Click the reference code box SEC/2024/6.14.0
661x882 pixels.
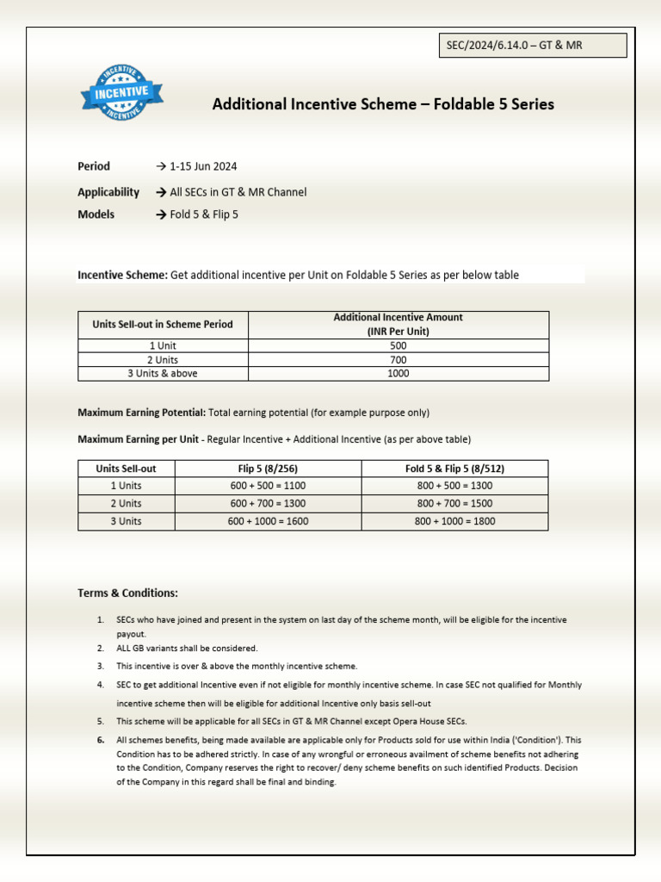click(x=532, y=45)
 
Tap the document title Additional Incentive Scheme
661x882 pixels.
click(x=383, y=104)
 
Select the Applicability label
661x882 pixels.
click(x=108, y=192)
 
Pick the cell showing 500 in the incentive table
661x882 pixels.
click(x=398, y=345)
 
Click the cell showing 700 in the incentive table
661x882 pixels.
click(x=398, y=359)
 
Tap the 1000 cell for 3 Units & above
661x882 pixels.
click(x=398, y=374)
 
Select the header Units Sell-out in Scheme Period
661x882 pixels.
click(x=163, y=325)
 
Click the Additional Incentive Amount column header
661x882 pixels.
click(x=398, y=324)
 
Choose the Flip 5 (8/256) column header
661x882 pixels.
click(x=268, y=469)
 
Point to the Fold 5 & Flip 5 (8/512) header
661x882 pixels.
click(x=454, y=469)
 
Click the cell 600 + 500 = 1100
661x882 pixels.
click(x=268, y=486)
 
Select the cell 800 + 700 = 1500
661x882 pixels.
click(x=454, y=503)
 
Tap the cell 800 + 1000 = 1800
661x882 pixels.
click(x=454, y=521)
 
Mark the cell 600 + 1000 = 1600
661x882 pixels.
click(x=268, y=521)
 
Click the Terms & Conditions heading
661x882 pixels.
click(x=127, y=593)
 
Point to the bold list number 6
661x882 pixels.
click(x=101, y=740)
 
